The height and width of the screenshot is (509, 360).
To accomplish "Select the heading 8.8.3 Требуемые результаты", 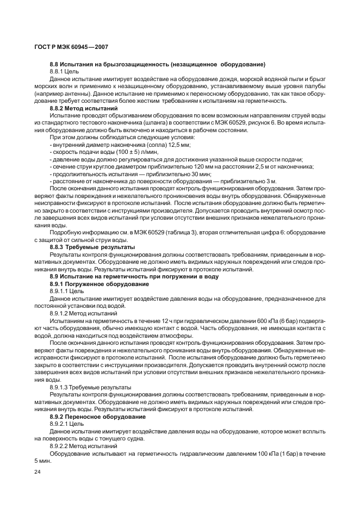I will (x=92, y=247).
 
